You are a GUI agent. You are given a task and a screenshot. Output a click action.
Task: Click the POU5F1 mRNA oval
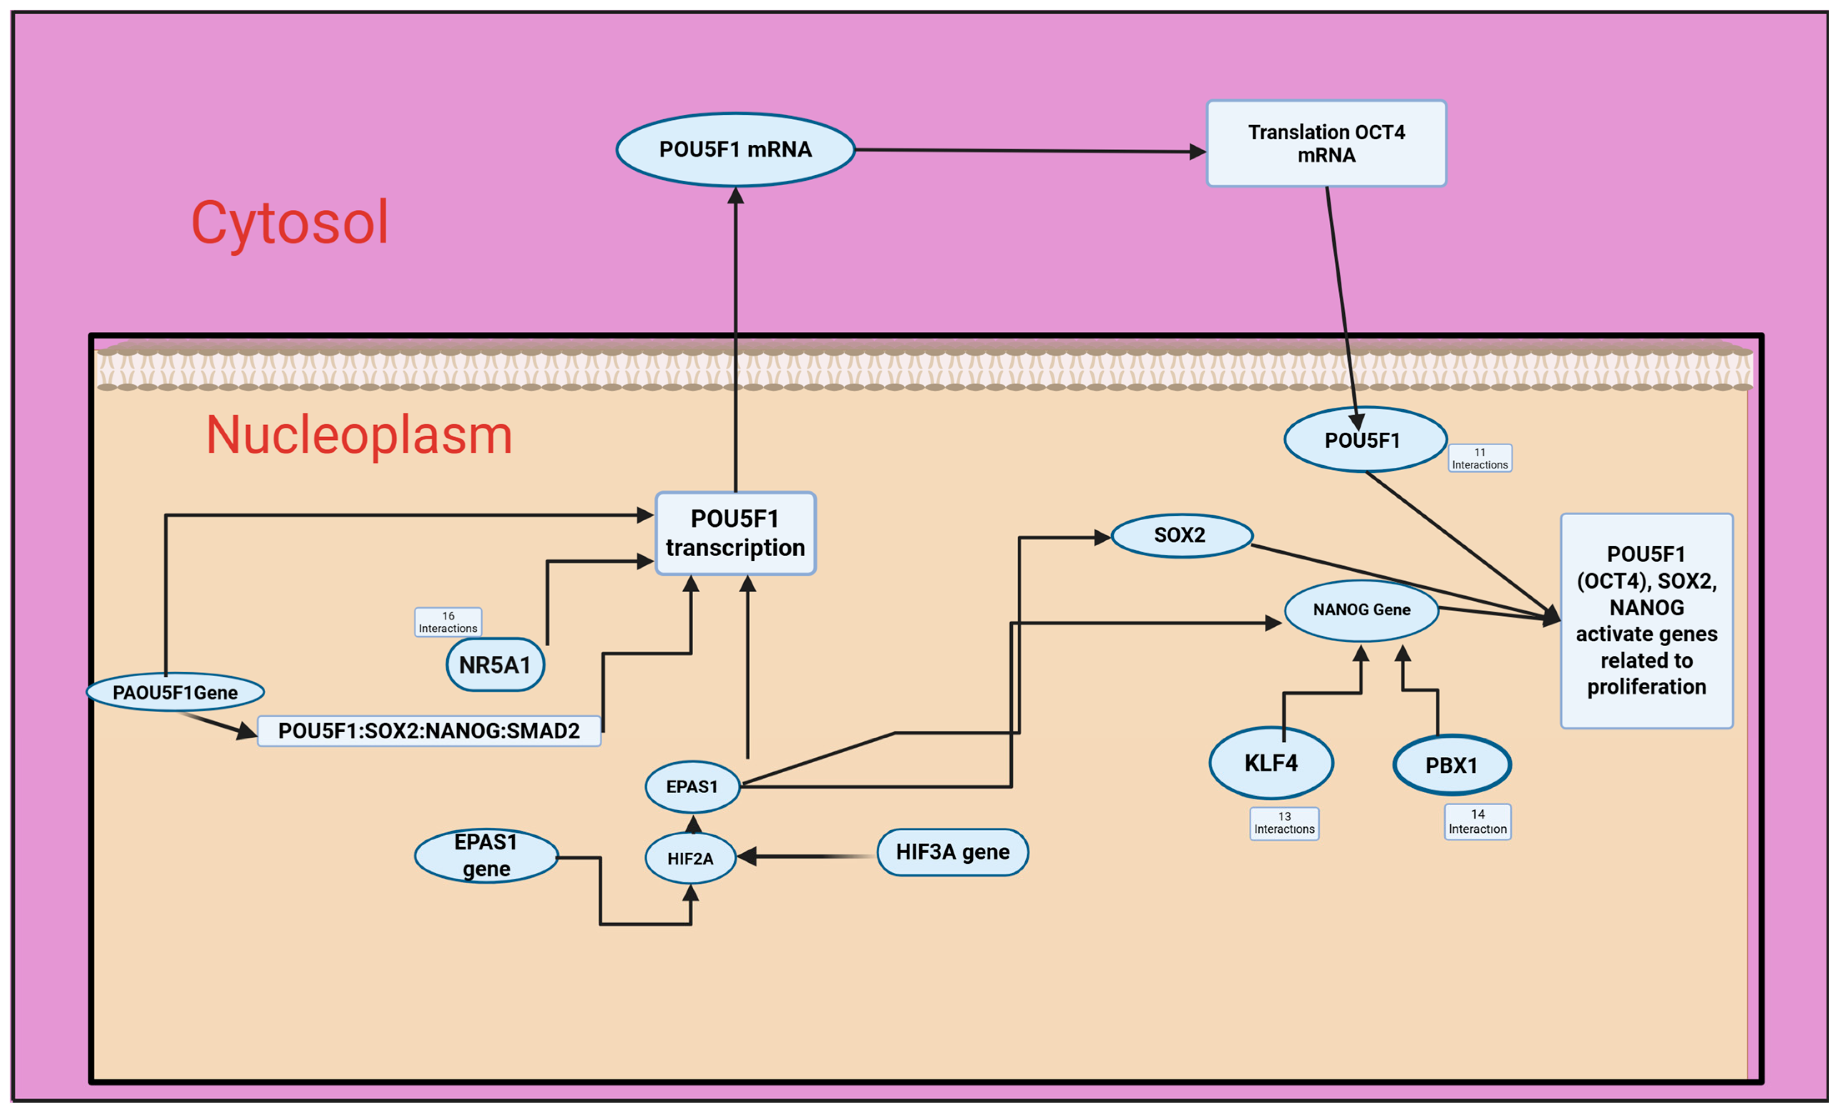735,150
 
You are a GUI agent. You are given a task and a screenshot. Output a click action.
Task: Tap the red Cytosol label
290,222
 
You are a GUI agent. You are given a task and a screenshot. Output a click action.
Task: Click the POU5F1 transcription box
735,533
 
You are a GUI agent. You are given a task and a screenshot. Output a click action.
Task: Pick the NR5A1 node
495,664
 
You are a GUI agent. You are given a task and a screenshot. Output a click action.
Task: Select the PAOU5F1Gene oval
175,692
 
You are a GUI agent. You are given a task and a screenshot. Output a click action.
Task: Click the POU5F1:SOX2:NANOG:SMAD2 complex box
429,731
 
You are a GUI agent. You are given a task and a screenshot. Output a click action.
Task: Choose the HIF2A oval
690,858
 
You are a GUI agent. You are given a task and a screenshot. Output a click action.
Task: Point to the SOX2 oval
1181,535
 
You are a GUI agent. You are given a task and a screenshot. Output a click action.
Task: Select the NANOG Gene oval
1361,610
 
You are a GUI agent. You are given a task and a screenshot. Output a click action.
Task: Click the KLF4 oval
1271,763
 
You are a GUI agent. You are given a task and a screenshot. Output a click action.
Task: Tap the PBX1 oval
1452,765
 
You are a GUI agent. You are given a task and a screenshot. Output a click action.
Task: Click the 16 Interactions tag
448,622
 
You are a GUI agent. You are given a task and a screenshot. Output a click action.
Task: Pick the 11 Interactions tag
1480,458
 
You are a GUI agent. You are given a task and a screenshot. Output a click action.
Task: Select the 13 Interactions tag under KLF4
1284,823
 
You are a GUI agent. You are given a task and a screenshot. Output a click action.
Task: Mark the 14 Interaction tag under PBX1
1478,822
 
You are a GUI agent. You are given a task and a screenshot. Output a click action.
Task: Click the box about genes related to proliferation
1646,620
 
